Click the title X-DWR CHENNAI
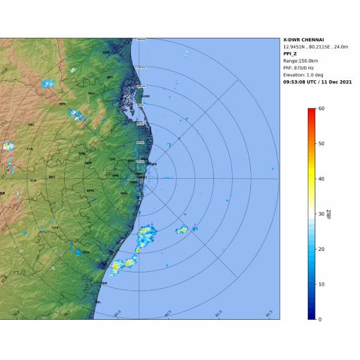point(304,40)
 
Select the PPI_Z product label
point(292,53)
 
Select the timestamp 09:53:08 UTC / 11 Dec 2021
point(317,82)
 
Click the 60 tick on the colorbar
point(322,109)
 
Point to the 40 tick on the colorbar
point(322,179)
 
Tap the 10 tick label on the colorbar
point(322,284)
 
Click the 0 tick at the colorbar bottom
point(320,319)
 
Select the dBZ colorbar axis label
point(329,214)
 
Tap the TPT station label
point(62,104)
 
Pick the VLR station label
point(33,180)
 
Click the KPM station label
point(91,190)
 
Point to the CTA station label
point(30,149)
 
